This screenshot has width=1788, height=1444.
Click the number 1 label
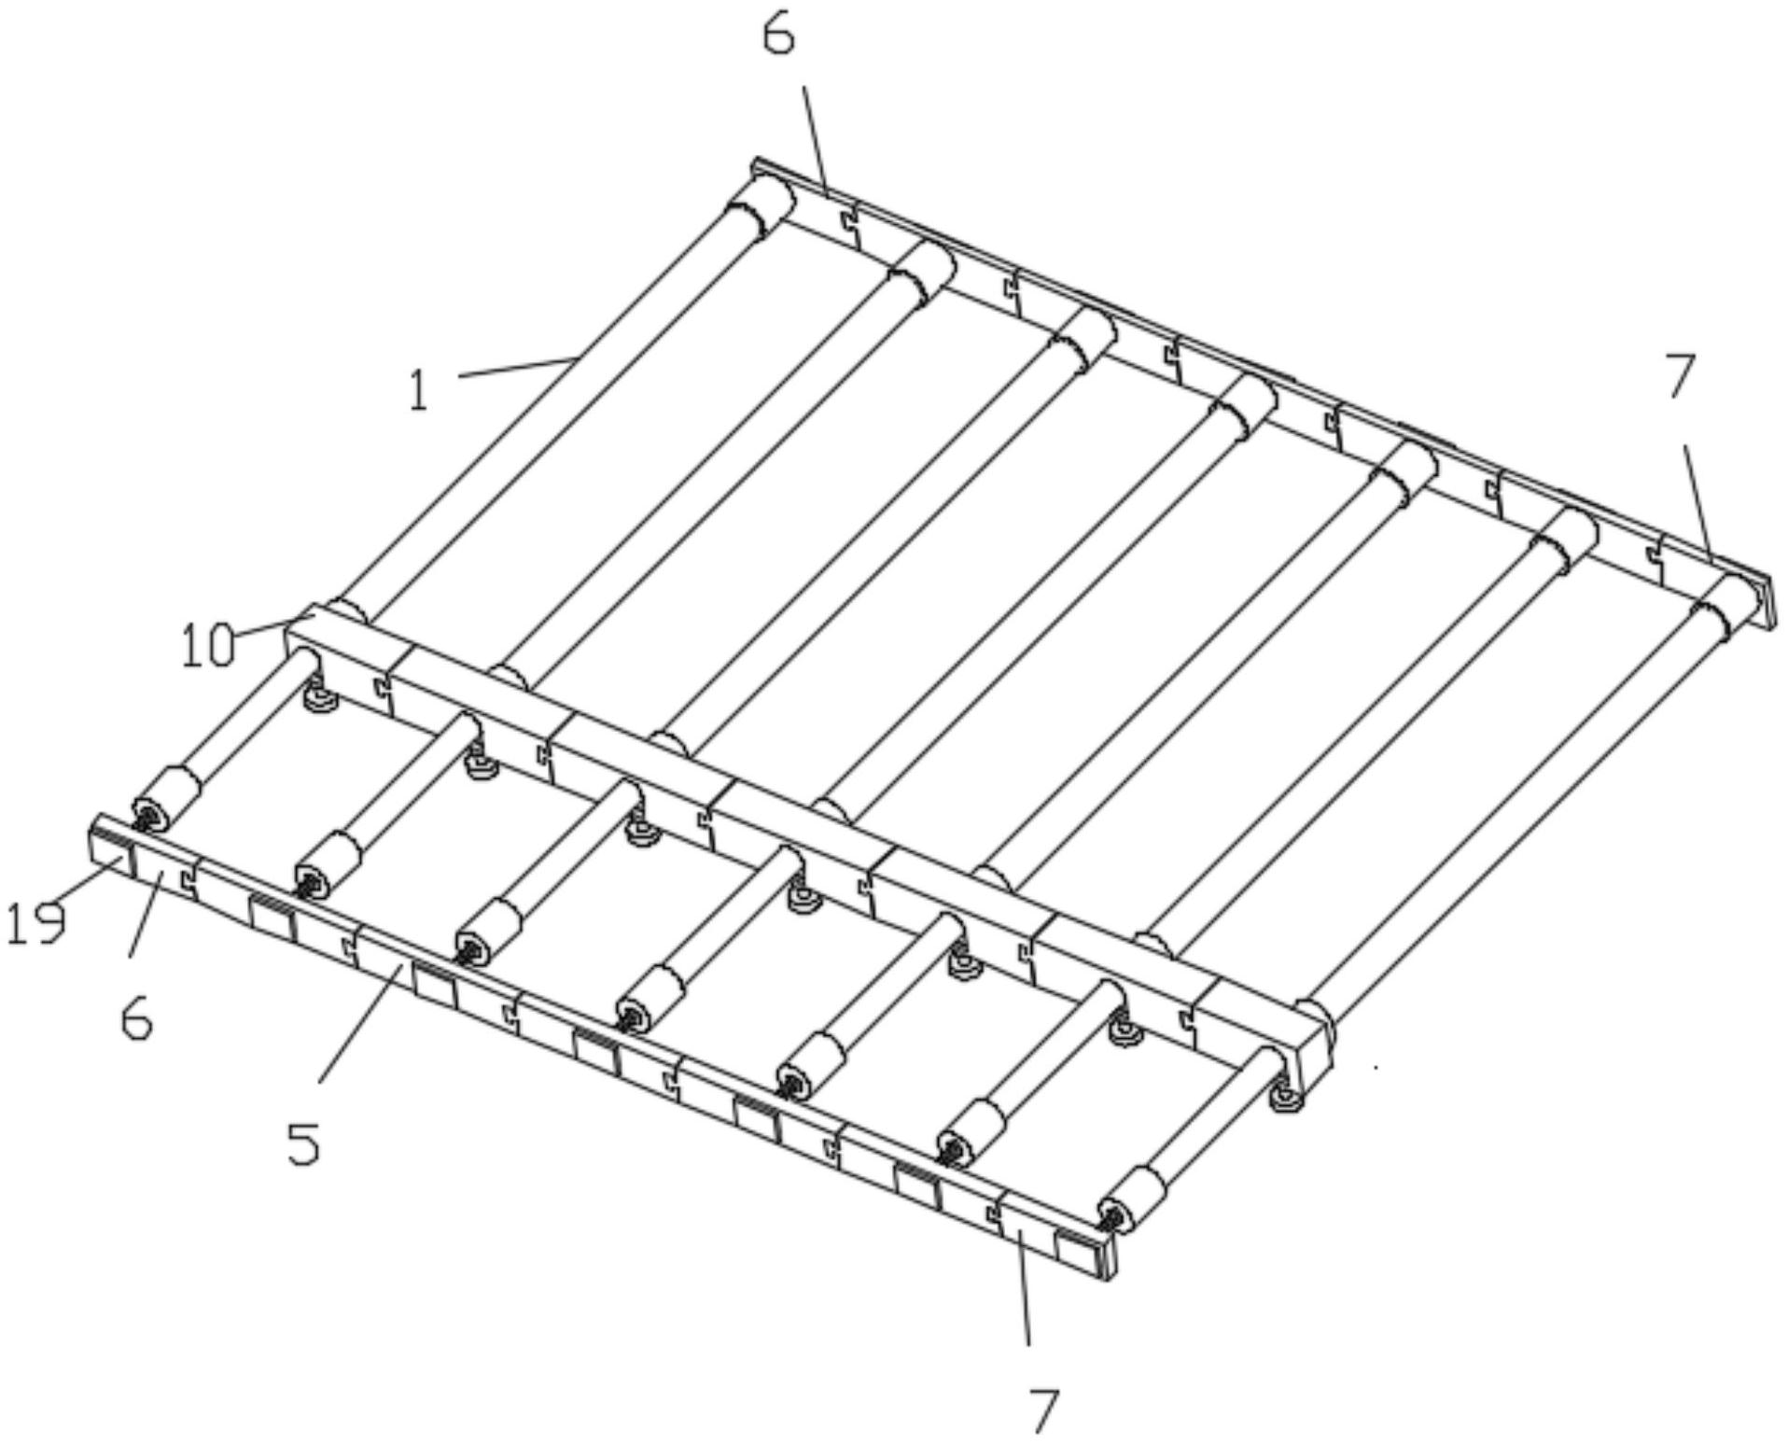(419, 391)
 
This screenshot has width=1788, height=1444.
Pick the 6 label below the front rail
(137, 1019)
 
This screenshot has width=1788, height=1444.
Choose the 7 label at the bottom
(1044, 1411)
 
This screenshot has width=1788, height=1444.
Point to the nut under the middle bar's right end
(1286, 1096)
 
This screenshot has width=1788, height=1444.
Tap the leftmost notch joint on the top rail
(848, 223)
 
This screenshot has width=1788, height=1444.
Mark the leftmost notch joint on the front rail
(188, 876)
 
